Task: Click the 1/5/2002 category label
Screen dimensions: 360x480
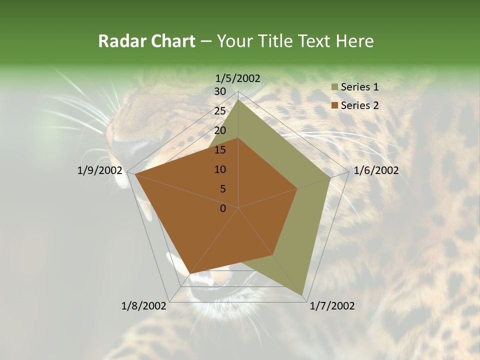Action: (238, 78)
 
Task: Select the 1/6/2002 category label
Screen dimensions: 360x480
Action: (376, 170)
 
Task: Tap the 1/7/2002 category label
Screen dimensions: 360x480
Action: (332, 306)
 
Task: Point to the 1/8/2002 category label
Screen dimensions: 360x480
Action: (144, 306)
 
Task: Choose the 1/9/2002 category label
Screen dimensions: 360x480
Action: (100, 170)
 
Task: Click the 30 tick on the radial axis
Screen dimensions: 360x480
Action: (220, 91)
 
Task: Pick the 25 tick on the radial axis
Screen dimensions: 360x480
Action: (220, 111)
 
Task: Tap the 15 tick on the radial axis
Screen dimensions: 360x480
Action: (220, 150)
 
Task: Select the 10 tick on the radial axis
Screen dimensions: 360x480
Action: (220, 169)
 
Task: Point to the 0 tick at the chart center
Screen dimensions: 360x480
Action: (223, 208)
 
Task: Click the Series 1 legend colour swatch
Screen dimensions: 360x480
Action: (334, 87)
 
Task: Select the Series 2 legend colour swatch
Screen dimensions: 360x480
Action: (334, 105)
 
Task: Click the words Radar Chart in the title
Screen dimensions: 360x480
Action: (146, 41)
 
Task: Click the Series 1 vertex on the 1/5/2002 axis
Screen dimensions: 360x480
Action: (238, 99)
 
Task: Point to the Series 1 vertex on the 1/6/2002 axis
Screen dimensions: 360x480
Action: (330, 177)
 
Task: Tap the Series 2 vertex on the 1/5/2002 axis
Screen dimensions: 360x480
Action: (238, 138)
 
